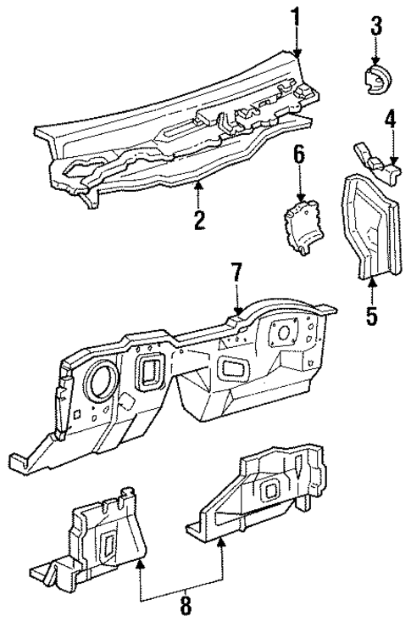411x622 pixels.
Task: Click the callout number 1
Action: click(x=297, y=14)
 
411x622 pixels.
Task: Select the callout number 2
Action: click(x=198, y=221)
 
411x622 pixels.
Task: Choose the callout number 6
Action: click(x=298, y=155)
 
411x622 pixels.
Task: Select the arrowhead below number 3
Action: click(x=376, y=57)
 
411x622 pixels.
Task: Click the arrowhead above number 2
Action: click(x=198, y=182)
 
